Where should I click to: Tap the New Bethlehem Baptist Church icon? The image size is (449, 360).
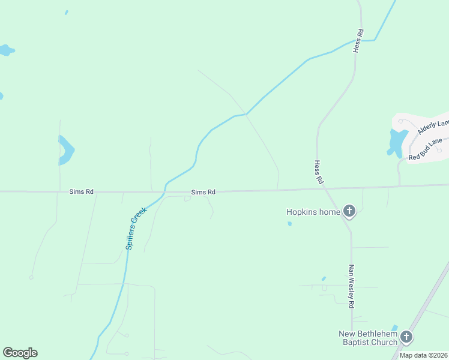point(407,337)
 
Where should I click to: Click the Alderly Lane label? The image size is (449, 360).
point(433,127)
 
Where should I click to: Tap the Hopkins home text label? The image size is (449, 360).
point(313,212)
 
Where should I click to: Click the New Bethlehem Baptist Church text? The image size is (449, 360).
point(367,338)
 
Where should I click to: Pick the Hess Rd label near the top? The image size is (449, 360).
point(358,41)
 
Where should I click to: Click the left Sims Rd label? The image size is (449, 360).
point(82,191)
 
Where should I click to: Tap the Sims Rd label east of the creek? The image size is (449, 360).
point(203,192)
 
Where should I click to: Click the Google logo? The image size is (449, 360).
point(20,353)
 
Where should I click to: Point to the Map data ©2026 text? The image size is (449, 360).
point(423,355)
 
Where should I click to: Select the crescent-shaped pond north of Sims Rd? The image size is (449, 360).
point(66,151)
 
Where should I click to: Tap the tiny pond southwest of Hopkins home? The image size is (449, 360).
point(289,224)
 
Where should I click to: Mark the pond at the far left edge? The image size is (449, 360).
point(6,50)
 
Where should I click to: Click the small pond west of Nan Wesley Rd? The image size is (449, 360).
point(324,278)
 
